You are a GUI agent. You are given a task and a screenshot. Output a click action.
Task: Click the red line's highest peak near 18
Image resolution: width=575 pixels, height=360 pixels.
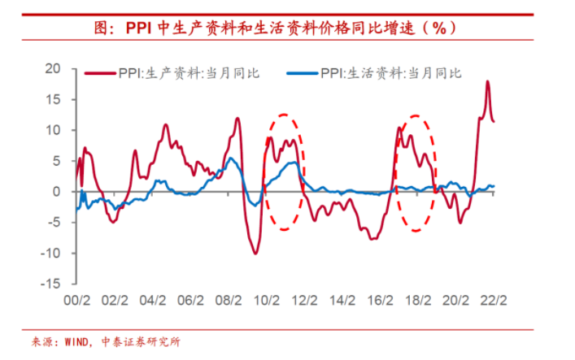pyautogui.click(x=487, y=81)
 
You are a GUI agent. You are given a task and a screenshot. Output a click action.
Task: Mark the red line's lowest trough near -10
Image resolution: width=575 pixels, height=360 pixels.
pyautogui.click(x=255, y=254)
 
